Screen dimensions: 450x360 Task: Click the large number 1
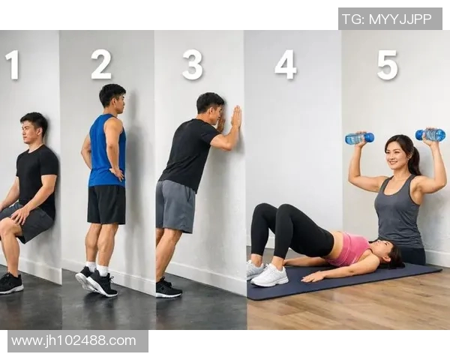[x=12, y=65]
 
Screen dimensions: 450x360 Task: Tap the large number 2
[x=101, y=64]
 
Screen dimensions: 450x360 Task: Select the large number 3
[x=193, y=65]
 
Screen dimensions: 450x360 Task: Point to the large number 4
[x=285, y=64]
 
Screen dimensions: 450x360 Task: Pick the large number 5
[x=388, y=65]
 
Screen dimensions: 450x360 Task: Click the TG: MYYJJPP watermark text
[x=387, y=19]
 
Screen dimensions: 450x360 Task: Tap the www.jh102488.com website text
[x=73, y=341]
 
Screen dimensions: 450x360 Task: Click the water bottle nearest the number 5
[x=359, y=138]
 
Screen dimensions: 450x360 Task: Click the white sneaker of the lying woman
[x=270, y=275]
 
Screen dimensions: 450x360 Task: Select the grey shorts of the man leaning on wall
[x=175, y=206]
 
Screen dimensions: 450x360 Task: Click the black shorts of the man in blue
[x=106, y=205]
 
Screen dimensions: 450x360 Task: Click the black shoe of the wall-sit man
[x=11, y=283]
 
